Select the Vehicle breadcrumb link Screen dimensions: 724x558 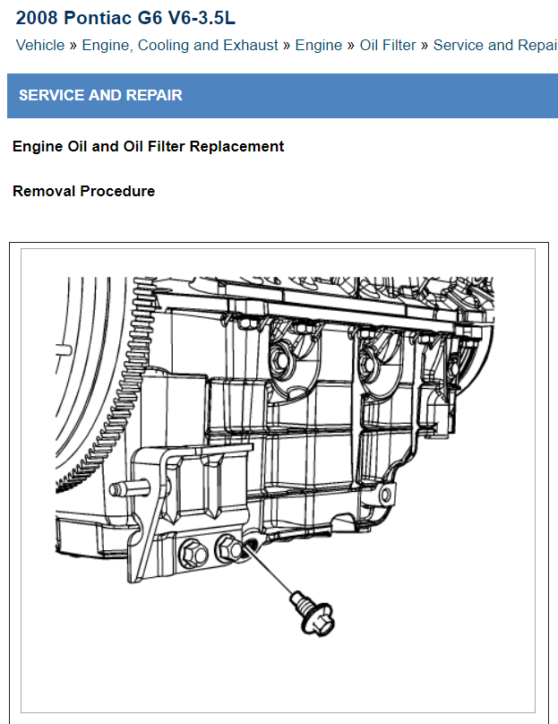click(39, 45)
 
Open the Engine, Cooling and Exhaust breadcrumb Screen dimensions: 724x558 click(179, 45)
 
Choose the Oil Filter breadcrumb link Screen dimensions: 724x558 click(387, 45)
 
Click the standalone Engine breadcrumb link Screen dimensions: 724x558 click(318, 45)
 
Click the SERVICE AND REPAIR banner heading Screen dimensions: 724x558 click(100, 95)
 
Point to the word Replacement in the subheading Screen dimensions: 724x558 click(242, 146)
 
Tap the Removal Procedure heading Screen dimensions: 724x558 click(83, 191)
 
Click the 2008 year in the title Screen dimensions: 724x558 click(34, 18)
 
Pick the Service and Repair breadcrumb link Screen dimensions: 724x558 click(494, 45)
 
